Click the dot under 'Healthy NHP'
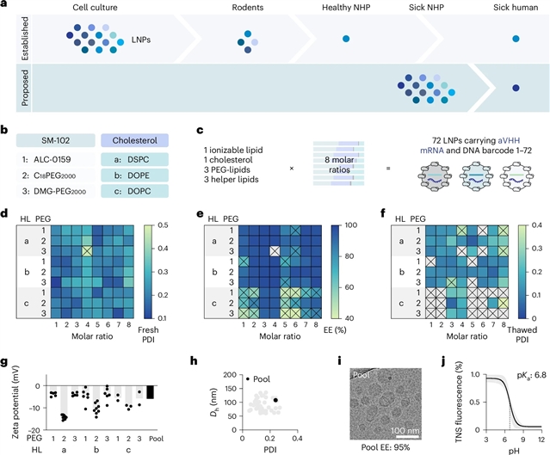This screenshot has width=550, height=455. point(346,40)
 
